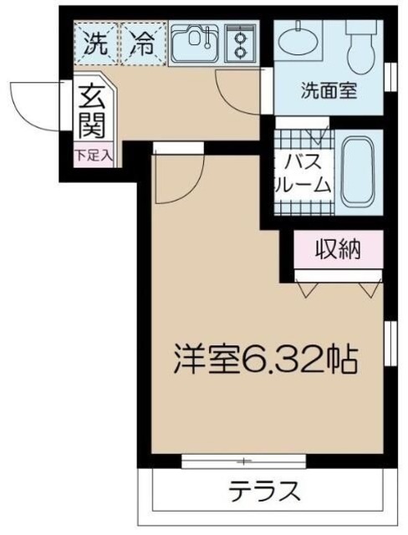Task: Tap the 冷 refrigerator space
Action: [x=145, y=43]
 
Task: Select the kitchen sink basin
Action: [x=196, y=43]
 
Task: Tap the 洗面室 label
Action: [x=329, y=90]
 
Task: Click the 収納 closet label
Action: [x=338, y=249]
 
